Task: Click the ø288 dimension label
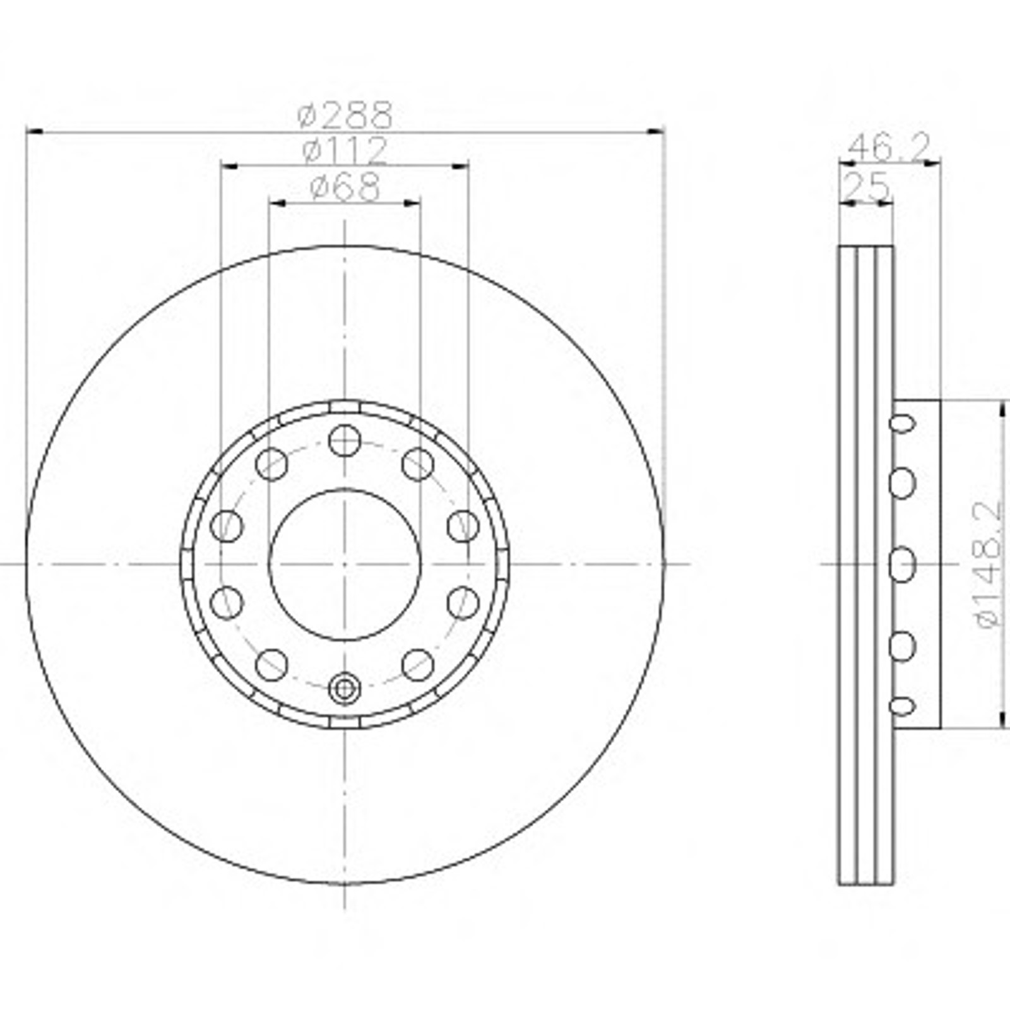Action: point(345,115)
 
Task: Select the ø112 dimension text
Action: point(345,150)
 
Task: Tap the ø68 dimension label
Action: point(345,187)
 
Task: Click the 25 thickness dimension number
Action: point(867,187)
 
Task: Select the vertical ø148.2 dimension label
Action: point(989,564)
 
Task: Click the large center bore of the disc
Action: point(345,564)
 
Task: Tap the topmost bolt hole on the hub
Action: point(345,440)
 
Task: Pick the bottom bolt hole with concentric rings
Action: point(345,687)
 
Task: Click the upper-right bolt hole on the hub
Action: point(418,464)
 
